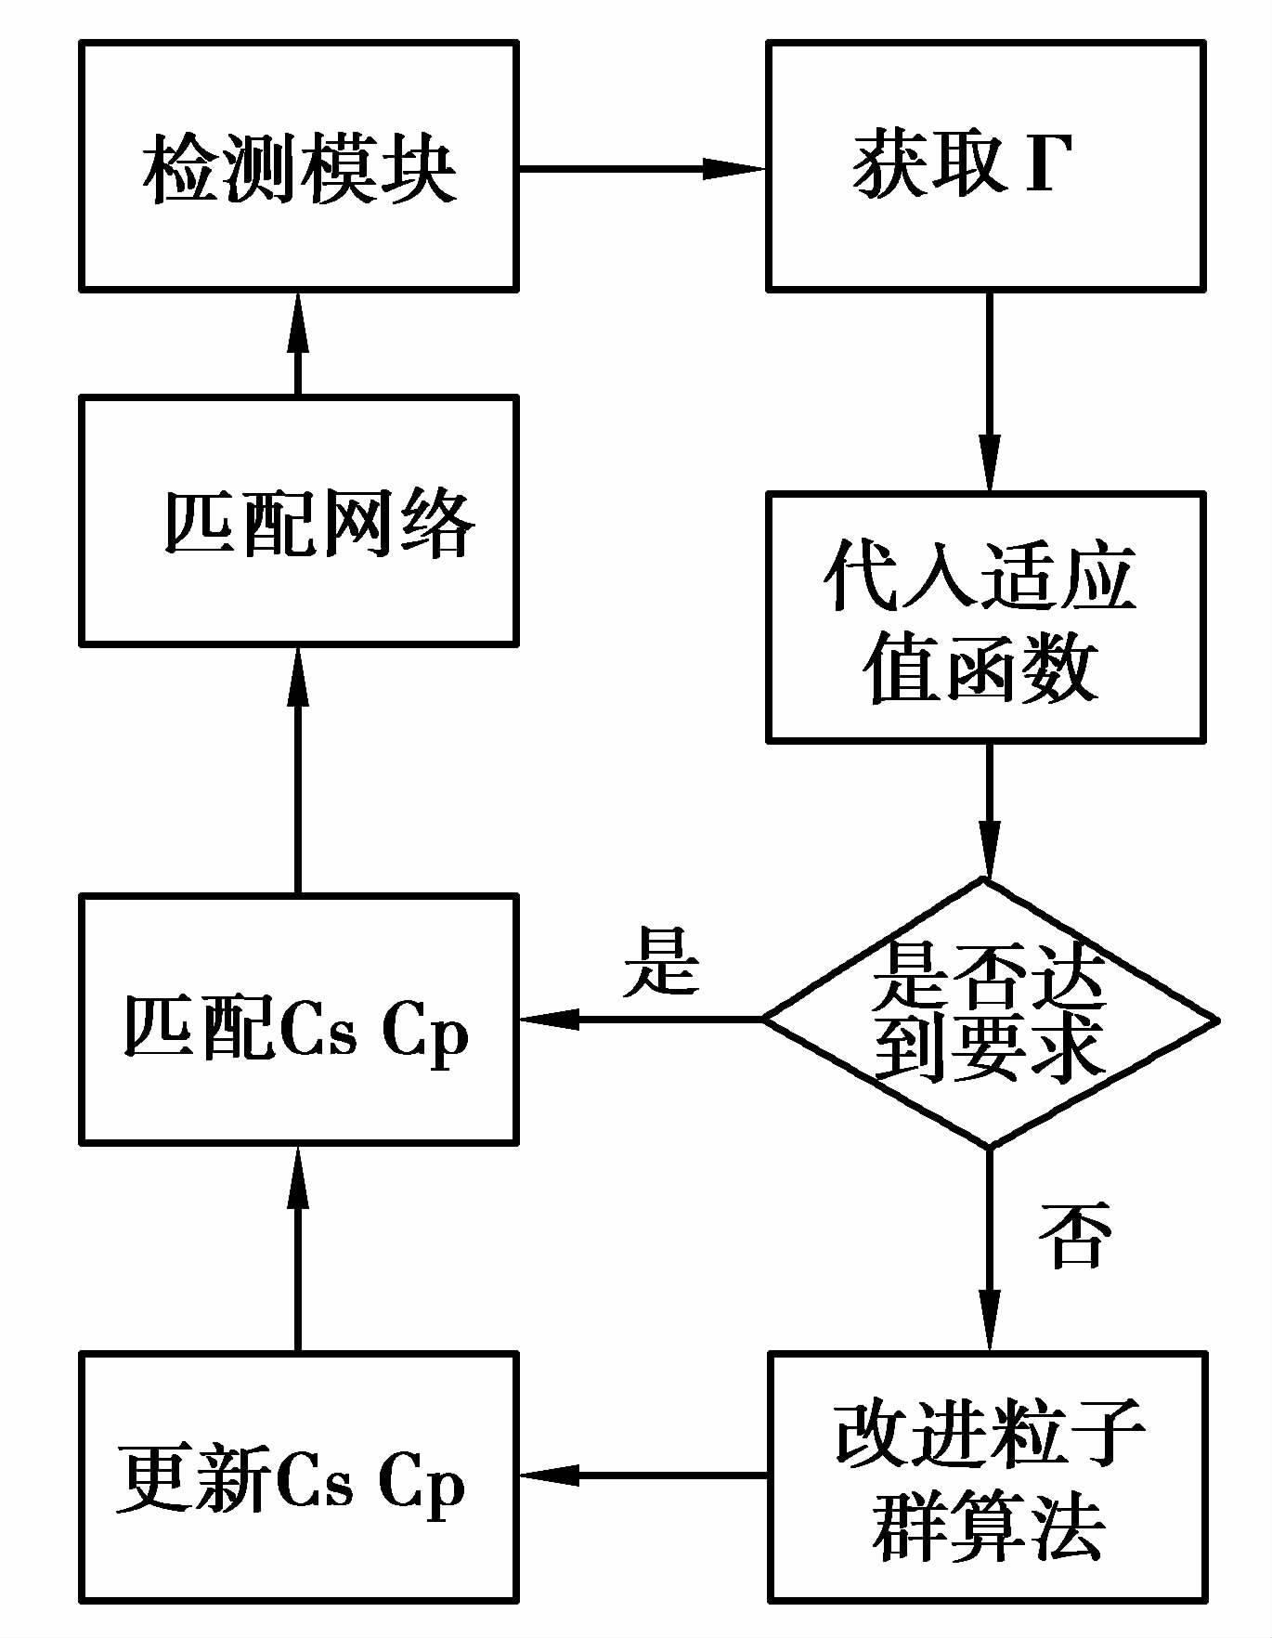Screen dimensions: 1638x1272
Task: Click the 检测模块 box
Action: click(x=298, y=166)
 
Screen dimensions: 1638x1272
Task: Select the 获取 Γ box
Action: click(x=986, y=166)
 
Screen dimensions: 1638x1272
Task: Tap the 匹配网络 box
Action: click(x=298, y=520)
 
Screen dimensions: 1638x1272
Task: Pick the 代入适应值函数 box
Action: click(x=986, y=617)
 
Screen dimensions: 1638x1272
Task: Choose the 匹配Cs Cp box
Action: click(x=298, y=1019)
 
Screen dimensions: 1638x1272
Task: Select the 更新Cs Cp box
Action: click(x=298, y=1476)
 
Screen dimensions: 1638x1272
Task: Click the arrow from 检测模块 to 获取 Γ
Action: click(x=641, y=168)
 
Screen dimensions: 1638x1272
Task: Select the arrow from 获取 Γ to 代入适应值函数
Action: click(x=990, y=390)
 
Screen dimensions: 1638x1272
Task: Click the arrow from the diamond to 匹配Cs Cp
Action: click(x=641, y=1019)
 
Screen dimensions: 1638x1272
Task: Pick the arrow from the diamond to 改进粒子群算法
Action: click(x=990, y=1249)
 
